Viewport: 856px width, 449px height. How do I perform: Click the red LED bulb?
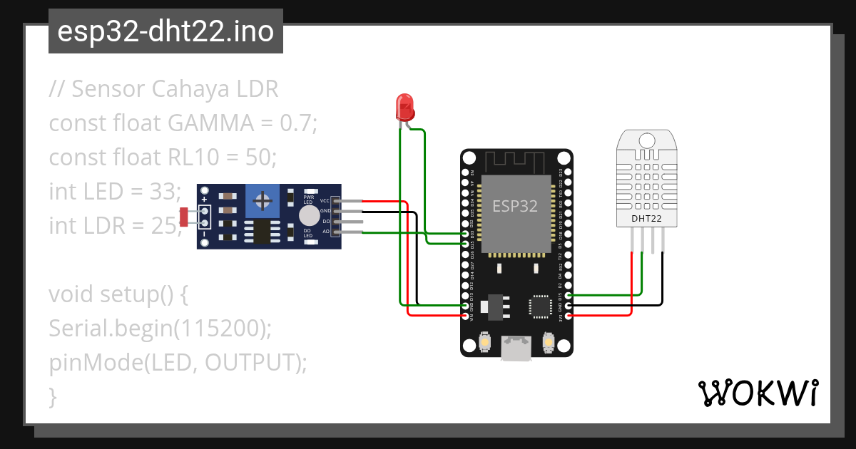coord(405,107)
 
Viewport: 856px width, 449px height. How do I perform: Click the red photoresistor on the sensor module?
coord(184,217)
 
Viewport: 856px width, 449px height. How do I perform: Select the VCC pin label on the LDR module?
coord(325,201)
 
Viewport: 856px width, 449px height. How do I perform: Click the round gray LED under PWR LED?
coord(309,216)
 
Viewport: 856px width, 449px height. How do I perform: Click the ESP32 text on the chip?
coord(515,206)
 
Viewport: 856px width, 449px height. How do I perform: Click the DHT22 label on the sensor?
coord(646,218)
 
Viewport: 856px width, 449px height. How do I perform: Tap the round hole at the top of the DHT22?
coord(646,140)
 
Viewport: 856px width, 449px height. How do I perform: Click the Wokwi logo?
coord(758,393)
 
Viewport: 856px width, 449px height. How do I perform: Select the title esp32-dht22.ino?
coord(165,31)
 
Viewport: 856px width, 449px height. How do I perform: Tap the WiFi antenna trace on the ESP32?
coord(516,160)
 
